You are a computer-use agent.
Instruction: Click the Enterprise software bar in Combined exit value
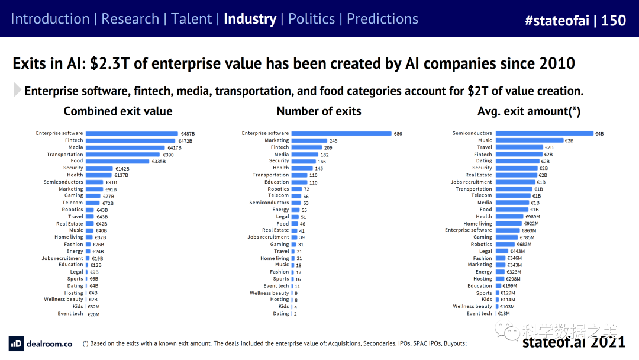pyautogui.click(x=131, y=133)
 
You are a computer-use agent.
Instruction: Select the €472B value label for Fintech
pyautogui.click(x=185, y=140)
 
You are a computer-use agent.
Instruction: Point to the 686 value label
pyautogui.click(x=398, y=134)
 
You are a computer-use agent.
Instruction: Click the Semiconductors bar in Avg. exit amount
pyautogui.click(x=544, y=133)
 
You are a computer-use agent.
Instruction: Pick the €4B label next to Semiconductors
pyautogui.click(x=600, y=134)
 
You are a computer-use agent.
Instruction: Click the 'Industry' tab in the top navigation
pyautogui.click(x=250, y=19)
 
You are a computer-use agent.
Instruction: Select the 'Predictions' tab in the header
pyautogui.click(x=382, y=19)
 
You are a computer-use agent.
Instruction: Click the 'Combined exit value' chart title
pyautogui.click(x=118, y=111)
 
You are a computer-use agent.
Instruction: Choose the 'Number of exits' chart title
pyautogui.click(x=319, y=111)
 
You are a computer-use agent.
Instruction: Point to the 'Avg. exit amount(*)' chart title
pyautogui.click(x=529, y=111)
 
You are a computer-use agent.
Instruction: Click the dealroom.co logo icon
pyautogui.click(x=16, y=343)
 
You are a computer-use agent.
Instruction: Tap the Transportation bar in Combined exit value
pyautogui.click(x=123, y=154)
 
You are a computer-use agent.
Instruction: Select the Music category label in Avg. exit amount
pyautogui.click(x=484, y=140)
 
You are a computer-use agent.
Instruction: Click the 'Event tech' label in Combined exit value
pyautogui.click(x=70, y=313)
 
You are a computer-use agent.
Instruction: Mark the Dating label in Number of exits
pyautogui.click(x=280, y=313)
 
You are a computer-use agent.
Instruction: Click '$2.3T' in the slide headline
pyautogui.click(x=109, y=63)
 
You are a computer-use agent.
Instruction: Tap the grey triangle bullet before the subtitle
pyautogui.click(x=17, y=90)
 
